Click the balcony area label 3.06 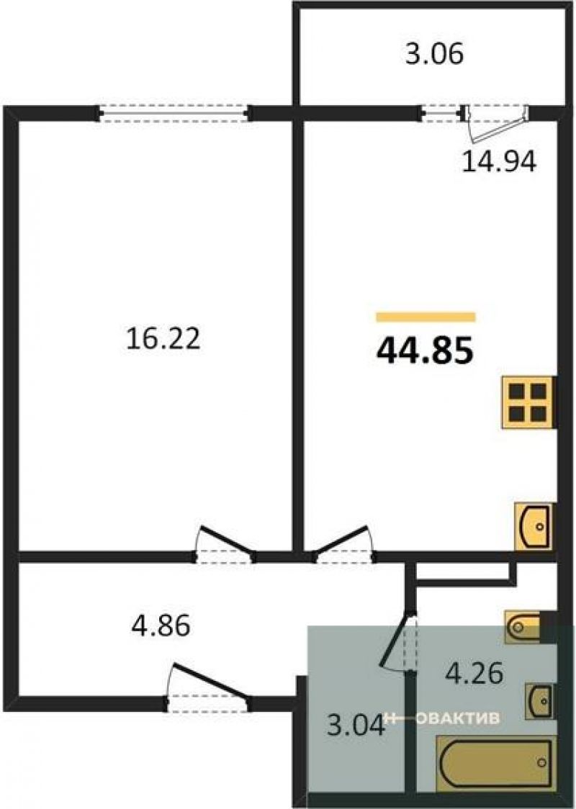coord(434,54)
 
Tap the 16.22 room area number coord(163,339)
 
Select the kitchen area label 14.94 coord(499,161)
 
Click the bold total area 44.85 coord(425,353)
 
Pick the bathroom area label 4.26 coord(474,673)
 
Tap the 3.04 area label coord(356,724)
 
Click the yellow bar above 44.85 coord(426,317)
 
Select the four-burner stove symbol coord(528,403)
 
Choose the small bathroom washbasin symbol coord(540,700)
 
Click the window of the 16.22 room coord(174,113)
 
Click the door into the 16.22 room coord(225,546)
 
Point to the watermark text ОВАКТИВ coord(459,718)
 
